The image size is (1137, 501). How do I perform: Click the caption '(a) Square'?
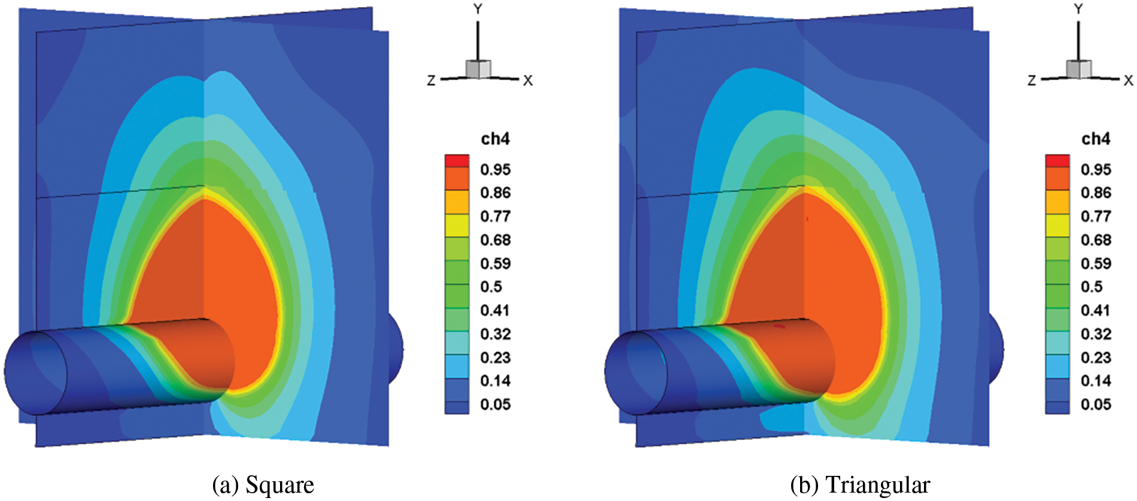click(x=263, y=484)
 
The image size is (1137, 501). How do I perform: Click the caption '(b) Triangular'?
click(x=860, y=484)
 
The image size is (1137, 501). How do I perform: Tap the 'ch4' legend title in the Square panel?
click(x=495, y=139)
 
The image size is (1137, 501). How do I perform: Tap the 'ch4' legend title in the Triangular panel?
click(x=1096, y=139)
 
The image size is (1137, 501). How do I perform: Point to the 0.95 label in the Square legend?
click(x=495, y=169)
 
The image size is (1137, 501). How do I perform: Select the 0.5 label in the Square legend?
click(x=491, y=287)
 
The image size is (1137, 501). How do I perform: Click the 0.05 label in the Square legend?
click(x=495, y=404)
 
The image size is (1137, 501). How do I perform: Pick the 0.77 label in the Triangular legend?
click(x=1096, y=216)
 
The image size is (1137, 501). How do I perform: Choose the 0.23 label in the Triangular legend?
click(x=1096, y=357)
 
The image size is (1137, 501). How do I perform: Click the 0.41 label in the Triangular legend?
click(x=1096, y=310)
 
